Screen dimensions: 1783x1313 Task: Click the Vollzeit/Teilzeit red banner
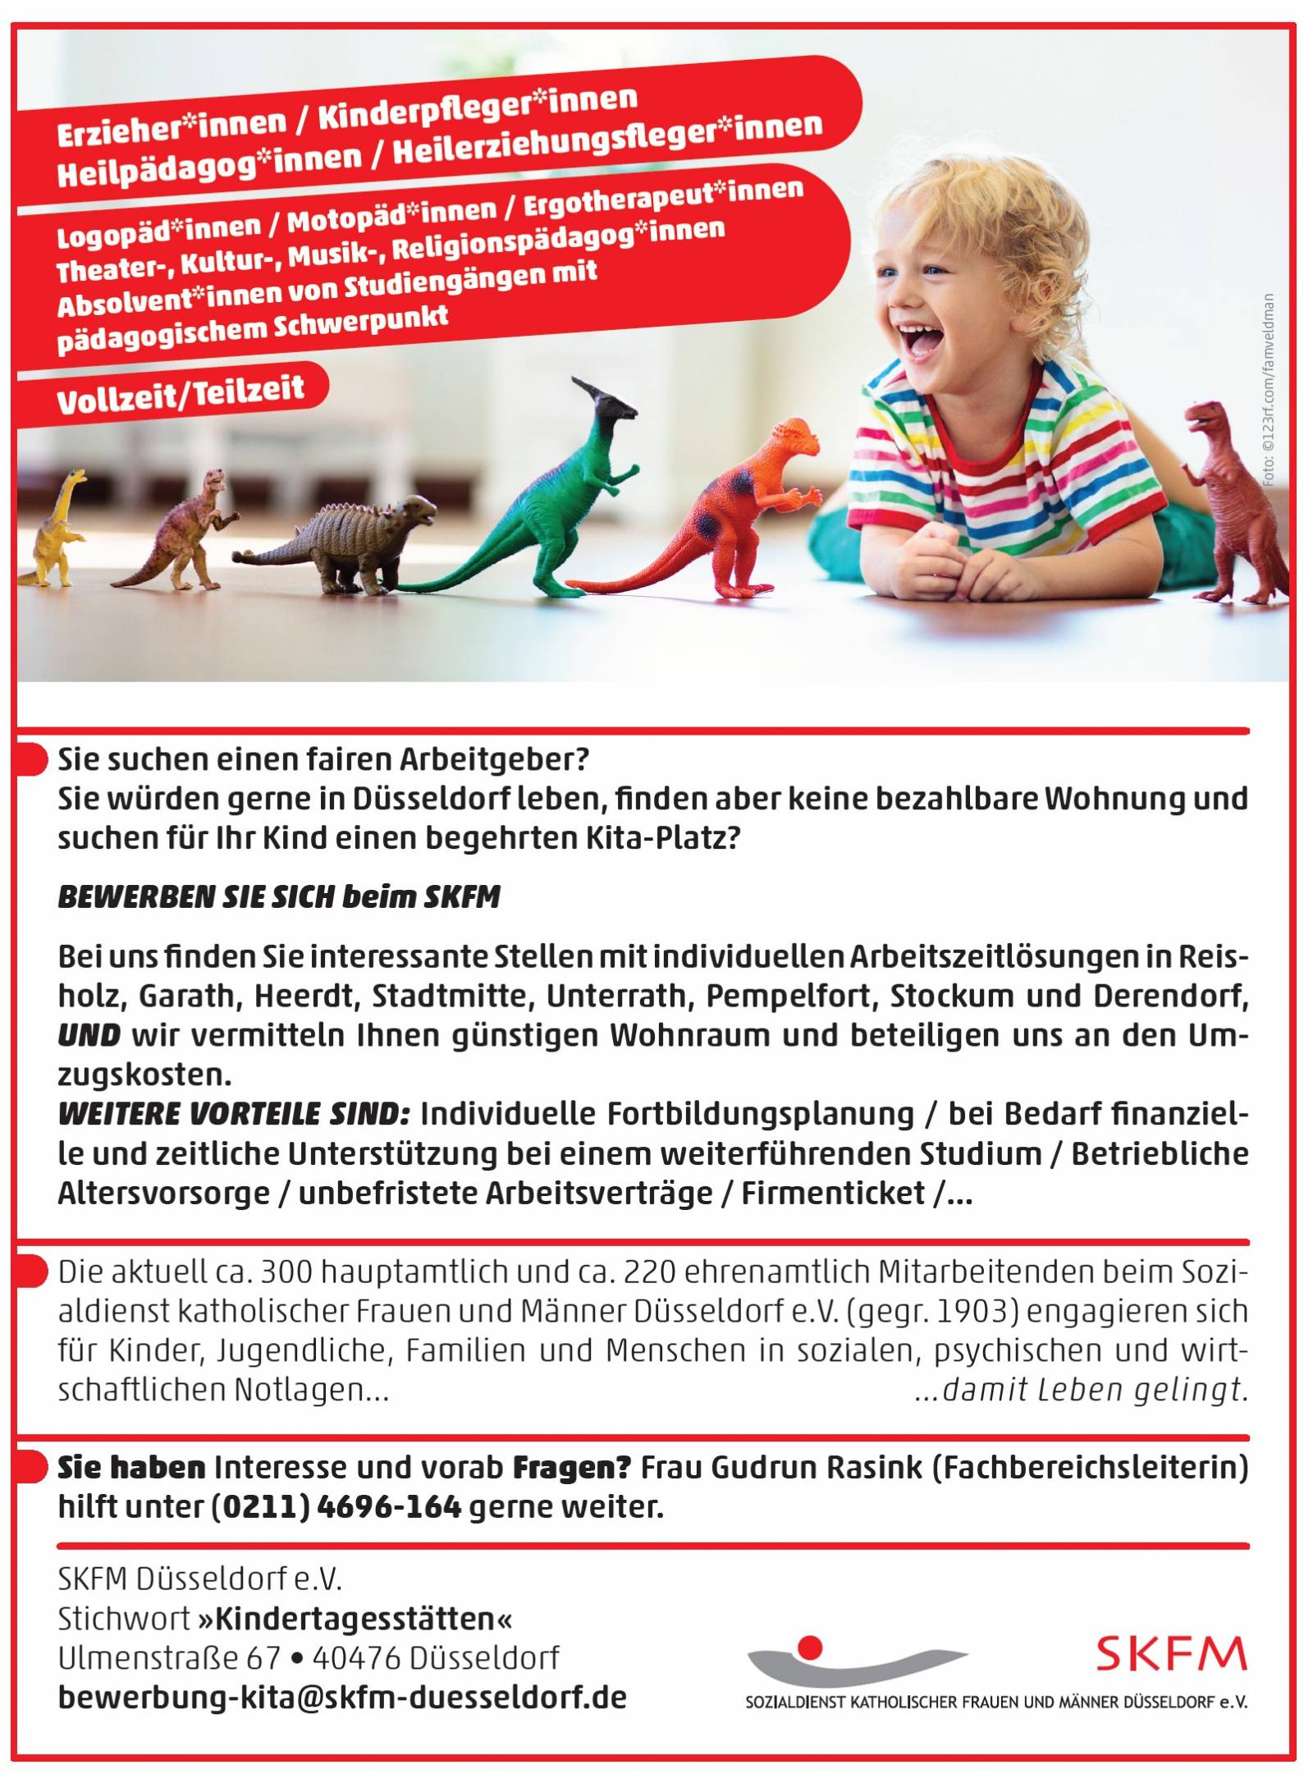(x=181, y=393)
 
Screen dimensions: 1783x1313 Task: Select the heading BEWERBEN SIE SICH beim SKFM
(x=278, y=897)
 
